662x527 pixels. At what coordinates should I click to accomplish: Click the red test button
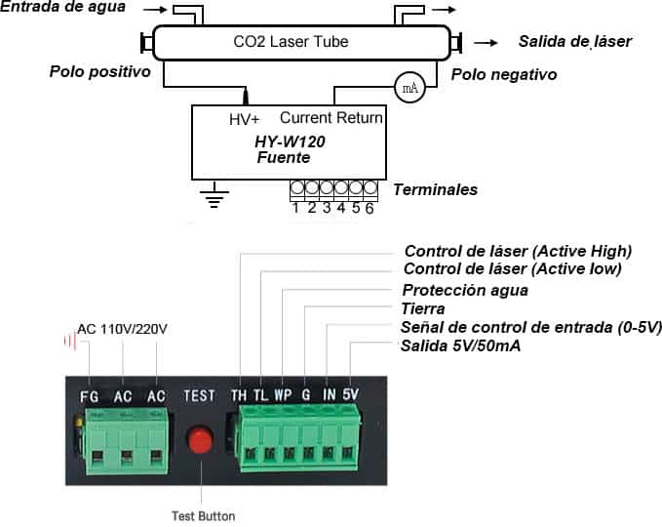[x=200, y=439]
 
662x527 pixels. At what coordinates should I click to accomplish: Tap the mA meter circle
[x=409, y=88]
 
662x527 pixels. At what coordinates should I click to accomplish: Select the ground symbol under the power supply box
[x=214, y=195]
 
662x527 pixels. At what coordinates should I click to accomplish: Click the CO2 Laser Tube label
[x=291, y=41]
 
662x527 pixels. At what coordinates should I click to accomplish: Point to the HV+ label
[x=244, y=120]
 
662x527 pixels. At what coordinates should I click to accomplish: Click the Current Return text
[x=331, y=117]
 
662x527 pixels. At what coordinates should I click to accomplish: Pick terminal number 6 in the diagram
[x=370, y=208]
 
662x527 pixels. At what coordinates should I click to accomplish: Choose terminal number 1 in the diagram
[x=296, y=208]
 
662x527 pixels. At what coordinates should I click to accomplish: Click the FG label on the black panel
[x=89, y=397]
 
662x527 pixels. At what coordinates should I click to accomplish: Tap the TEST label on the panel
[x=199, y=395]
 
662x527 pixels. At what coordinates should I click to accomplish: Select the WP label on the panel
[x=283, y=395]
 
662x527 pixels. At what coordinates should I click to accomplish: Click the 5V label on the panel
[x=350, y=394]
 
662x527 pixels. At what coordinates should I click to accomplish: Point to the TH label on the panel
[x=239, y=395]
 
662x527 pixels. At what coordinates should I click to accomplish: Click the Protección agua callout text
[x=465, y=290]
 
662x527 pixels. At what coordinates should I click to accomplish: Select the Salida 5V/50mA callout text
[x=460, y=345]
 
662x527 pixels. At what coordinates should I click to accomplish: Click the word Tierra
[x=422, y=308]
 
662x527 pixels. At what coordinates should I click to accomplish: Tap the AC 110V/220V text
[x=123, y=329]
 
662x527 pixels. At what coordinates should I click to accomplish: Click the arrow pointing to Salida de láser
[x=486, y=43]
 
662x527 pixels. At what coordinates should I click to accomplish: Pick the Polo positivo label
[x=100, y=71]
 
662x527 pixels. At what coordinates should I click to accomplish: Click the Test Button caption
[x=203, y=516]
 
